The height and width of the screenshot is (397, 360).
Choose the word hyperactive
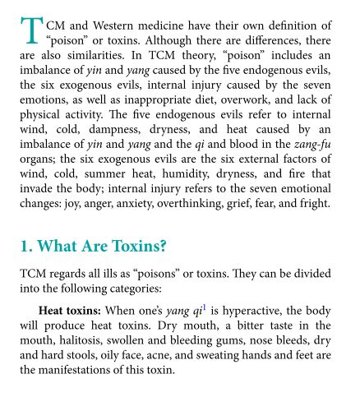(x=251, y=312)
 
